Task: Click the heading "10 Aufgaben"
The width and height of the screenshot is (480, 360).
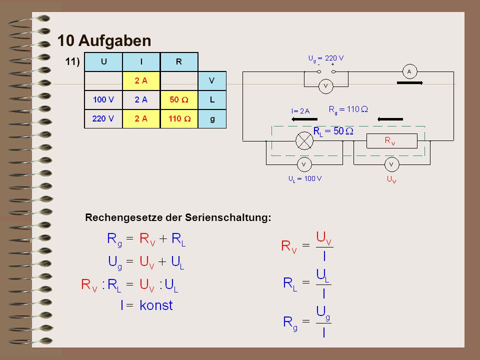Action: pyautogui.click(x=104, y=40)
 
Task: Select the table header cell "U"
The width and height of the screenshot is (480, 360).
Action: pyautogui.click(x=103, y=62)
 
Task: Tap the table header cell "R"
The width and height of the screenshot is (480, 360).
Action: pyautogui.click(x=179, y=62)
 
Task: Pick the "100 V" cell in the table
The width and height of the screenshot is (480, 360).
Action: pyautogui.click(x=103, y=100)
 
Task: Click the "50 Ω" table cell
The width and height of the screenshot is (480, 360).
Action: pyautogui.click(x=179, y=100)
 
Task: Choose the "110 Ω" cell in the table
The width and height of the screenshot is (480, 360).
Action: pyautogui.click(x=179, y=119)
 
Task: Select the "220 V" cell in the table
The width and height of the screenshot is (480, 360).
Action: pyautogui.click(x=103, y=119)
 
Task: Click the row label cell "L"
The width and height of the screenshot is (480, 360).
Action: pyautogui.click(x=212, y=100)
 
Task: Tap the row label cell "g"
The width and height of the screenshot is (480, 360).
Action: pyautogui.click(x=212, y=119)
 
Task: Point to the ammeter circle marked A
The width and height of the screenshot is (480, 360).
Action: pyautogui.click(x=409, y=72)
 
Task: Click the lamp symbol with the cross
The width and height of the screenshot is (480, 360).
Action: pyautogui.click(x=304, y=141)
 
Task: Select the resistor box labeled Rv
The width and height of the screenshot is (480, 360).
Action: pyautogui.click(x=392, y=141)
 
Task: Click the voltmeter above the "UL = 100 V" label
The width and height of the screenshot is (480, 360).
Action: pyautogui.click(x=304, y=164)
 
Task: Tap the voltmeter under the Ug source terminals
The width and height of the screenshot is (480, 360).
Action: pyautogui.click(x=325, y=86)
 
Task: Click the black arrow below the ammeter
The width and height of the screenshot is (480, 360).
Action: pyautogui.click(x=410, y=82)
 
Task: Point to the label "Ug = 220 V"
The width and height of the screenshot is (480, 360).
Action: pyautogui.click(x=325, y=58)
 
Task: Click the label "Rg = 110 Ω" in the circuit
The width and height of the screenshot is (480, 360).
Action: pyautogui.click(x=348, y=109)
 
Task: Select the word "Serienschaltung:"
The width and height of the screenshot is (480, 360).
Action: pyautogui.click(x=228, y=217)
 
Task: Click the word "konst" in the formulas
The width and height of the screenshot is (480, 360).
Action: pyautogui.click(x=156, y=305)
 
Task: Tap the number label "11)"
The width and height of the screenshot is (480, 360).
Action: pyautogui.click(x=72, y=62)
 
